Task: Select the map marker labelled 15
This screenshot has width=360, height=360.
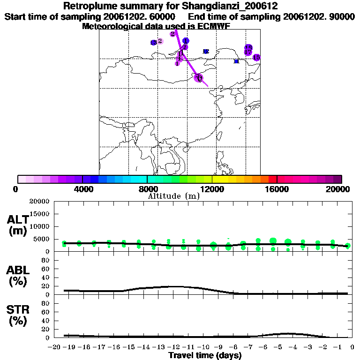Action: click(x=256, y=58)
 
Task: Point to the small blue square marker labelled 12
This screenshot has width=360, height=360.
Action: click(x=206, y=51)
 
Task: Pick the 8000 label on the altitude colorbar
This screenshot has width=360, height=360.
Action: click(x=147, y=189)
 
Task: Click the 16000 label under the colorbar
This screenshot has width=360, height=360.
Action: click(x=277, y=189)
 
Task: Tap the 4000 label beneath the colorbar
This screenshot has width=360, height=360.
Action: click(x=82, y=189)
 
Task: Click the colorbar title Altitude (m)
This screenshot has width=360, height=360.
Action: click(x=173, y=196)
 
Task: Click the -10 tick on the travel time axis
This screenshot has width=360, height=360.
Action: click(x=202, y=348)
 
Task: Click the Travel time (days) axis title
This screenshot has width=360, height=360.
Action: click(x=205, y=356)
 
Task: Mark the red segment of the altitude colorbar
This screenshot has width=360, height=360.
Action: click(x=272, y=179)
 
